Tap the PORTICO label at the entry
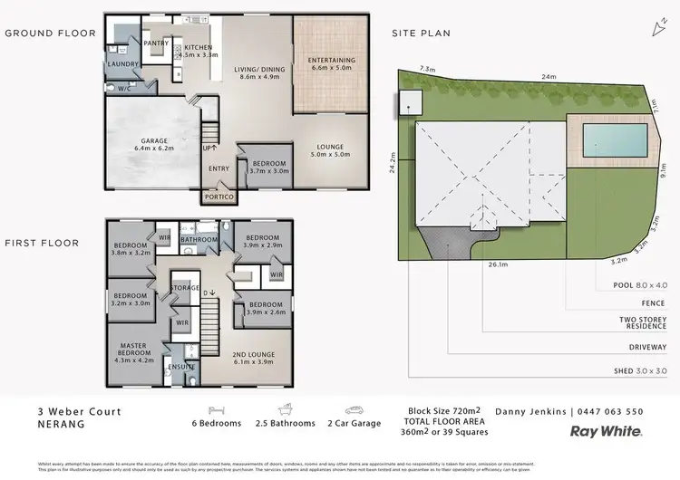point(219,197)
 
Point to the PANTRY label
point(157,43)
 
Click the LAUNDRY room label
point(121,65)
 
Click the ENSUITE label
point(182,367)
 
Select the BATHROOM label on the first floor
point(199,240)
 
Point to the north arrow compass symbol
point(656,30)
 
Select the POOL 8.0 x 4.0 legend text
point(639,284)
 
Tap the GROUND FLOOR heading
point(50,34)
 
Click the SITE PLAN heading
point(421,34)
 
